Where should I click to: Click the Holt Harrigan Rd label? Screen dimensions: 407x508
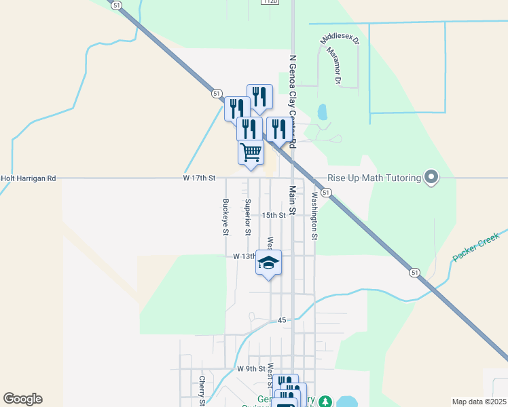[x=28, y=178]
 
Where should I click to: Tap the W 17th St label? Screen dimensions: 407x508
[x=199, y=178]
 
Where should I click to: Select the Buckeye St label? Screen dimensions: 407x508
[x=225, y=217]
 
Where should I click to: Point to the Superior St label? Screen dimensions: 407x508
[x=248, y=217]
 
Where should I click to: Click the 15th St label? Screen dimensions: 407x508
[x=274, y=215]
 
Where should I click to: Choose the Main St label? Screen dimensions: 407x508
[x=293, y=201]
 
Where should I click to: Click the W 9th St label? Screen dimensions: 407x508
[x=249, y=368]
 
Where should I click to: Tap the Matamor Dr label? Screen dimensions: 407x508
[x=333, y=65]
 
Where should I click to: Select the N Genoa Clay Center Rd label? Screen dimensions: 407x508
[x=293, y=102]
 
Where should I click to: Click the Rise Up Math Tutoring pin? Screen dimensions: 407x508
[x=431, y=178]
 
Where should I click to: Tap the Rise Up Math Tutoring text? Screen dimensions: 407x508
[x=374, y=178]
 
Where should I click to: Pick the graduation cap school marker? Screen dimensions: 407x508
[x=268, y=263]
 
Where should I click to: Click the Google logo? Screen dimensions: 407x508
[x=22, y=399]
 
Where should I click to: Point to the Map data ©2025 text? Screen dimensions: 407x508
[x=479, y=402]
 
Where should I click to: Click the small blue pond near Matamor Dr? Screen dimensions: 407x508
[x=321, y=111]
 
